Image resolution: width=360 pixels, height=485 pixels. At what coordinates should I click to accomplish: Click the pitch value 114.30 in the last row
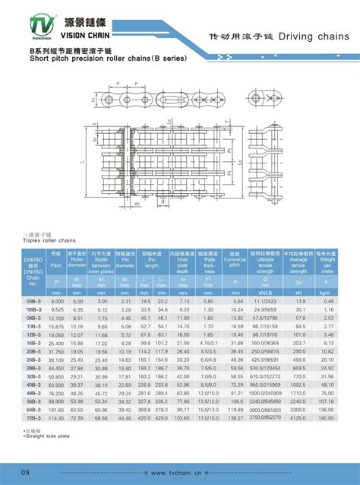click(x=56, y=417)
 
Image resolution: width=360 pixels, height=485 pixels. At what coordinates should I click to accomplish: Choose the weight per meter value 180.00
click(x=327, y=417)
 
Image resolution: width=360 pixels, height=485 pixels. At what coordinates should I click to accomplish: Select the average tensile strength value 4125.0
click(x=298, y=417)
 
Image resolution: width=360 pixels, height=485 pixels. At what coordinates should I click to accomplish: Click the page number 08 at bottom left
click(x=26, y=474)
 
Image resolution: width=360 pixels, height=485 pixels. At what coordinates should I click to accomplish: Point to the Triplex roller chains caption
click(x=49, y=239)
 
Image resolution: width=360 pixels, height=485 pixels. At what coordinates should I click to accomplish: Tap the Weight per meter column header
click(x=326, y=263)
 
